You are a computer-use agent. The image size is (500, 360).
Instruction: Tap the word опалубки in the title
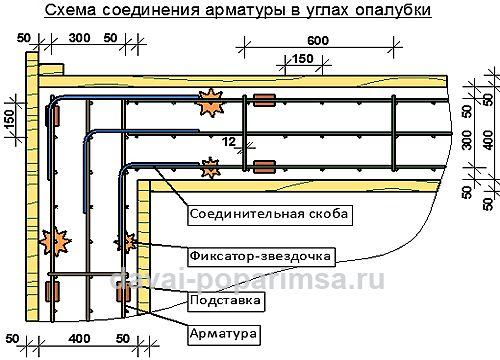coord(390,12)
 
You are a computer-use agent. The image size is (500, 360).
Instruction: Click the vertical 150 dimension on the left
coord(11,125)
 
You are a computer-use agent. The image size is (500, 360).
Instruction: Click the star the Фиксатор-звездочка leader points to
coord(126,242)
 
